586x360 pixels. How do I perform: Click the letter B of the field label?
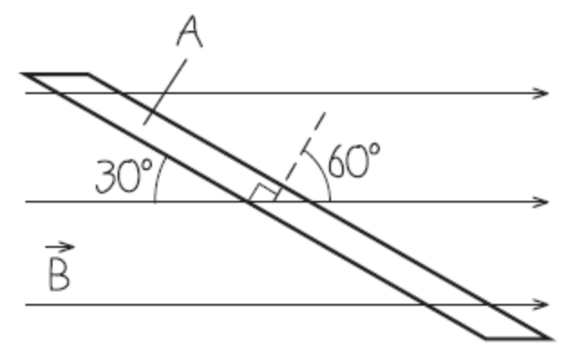pos(58,275)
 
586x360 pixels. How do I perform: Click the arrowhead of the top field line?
pos(542,93)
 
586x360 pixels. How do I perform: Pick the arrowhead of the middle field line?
pos(542,202)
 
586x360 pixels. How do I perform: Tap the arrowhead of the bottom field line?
pos(542,305)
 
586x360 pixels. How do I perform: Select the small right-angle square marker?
pos(265,193)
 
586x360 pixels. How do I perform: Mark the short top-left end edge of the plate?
pos(56,74)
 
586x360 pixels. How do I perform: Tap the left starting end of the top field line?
pos(27,93)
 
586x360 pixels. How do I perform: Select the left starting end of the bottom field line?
pos(27,305)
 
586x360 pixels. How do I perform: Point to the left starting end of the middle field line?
pos(27,202)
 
